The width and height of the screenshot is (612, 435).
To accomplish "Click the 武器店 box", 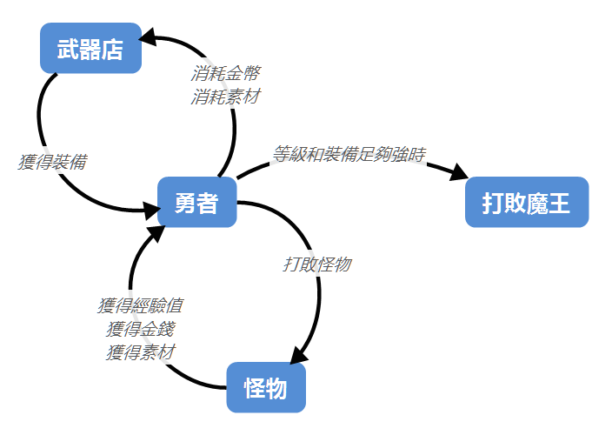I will tap(90, 49).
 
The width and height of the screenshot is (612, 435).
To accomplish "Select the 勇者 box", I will tap(196, 203).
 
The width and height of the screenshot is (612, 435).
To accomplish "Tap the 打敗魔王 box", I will tap(527, 203).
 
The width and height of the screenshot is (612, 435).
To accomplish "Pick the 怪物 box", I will tap(266, 388).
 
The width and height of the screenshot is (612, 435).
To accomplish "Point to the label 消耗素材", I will tap(225, 96).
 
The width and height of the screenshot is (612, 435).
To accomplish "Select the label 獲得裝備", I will tap(52, 162).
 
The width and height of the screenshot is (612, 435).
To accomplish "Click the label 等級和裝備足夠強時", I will tap(349, 155).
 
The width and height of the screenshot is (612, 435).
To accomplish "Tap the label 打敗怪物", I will tap(317, 264).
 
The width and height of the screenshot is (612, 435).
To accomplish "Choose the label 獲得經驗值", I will tap(140, 305).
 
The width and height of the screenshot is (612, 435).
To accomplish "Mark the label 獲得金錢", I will tap(140, 329).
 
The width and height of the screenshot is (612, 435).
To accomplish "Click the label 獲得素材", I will tap(140, 352).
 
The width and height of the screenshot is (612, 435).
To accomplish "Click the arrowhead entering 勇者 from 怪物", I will tap(156, 233).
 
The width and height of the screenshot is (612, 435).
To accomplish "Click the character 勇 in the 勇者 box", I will tap(185, 203).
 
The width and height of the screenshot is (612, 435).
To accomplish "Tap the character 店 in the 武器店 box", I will tap(112, 49).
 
